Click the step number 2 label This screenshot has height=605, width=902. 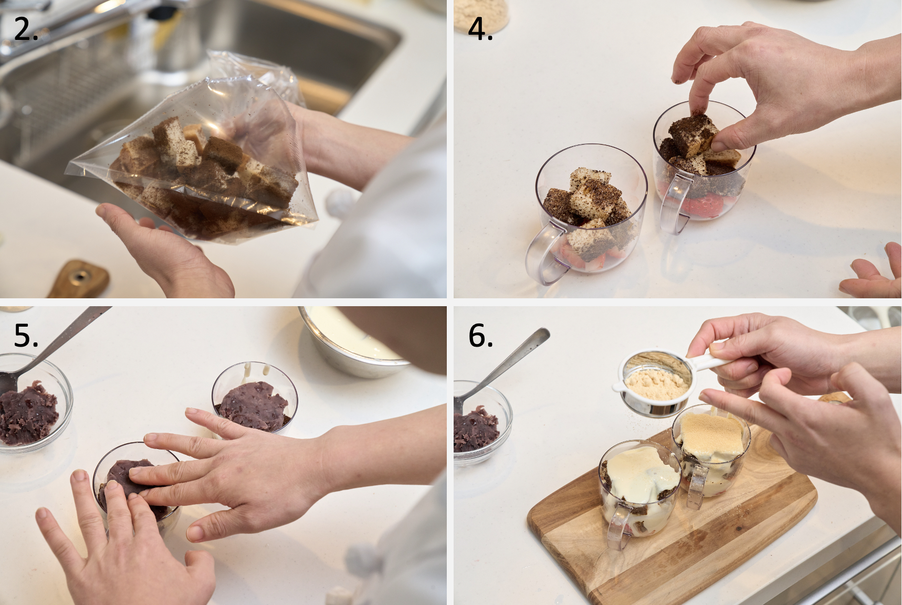(26, 29)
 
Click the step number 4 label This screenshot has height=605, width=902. (480, 29)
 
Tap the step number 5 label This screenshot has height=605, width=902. (26, 335)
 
